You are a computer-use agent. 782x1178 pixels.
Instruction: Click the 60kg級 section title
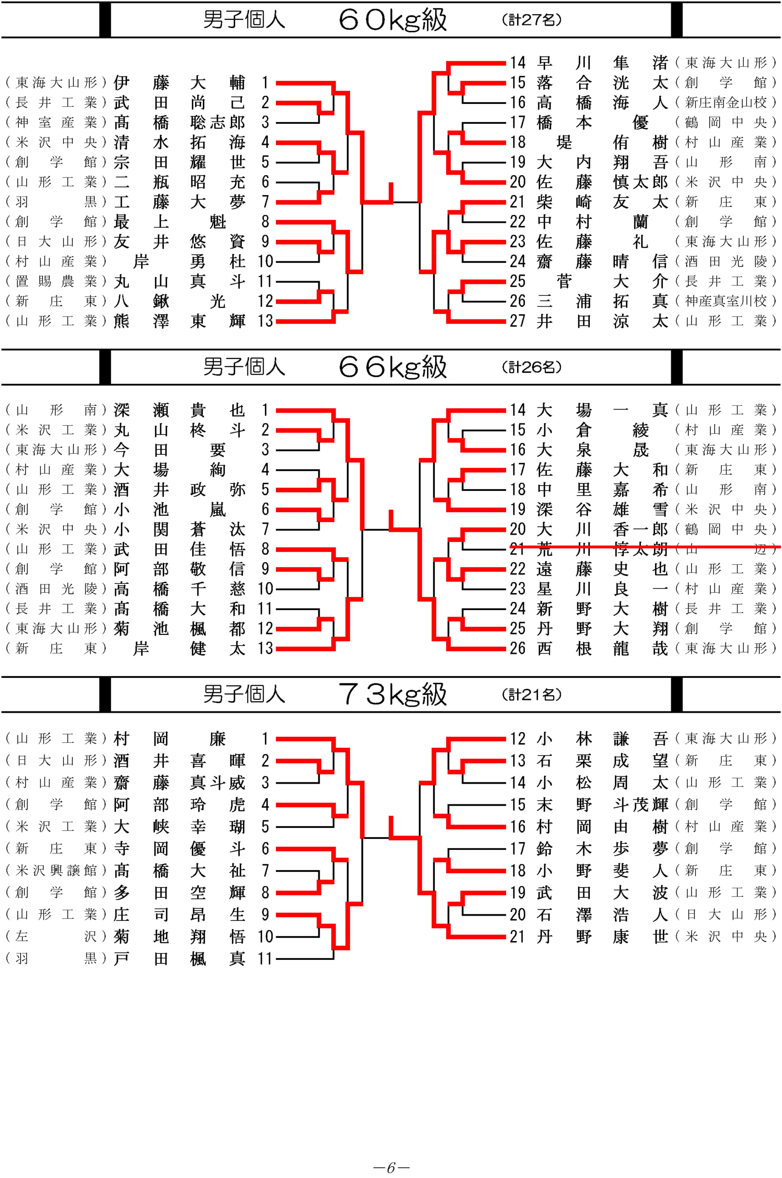(x=392, y=20)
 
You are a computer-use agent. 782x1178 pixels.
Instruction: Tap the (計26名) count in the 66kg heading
(x=532, y=367)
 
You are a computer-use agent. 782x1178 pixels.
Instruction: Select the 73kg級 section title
(x=392, y=694)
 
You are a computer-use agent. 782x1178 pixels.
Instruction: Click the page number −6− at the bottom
(x=391, y=1167)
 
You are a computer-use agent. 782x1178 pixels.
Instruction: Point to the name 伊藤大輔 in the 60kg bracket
(x=179, y=82)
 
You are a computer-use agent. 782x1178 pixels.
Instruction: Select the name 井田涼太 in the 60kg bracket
(x=602, y=321)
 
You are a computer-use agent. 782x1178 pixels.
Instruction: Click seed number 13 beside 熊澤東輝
(x=265, y=321)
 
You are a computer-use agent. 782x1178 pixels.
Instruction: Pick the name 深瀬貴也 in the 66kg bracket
(x=179, y=410)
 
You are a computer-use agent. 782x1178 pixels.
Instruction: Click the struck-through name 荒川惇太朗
(x=602, y=549)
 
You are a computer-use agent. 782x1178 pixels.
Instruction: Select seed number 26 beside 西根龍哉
(x=517, y=648)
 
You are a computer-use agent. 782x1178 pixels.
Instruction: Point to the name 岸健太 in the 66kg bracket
(x=190, y=648)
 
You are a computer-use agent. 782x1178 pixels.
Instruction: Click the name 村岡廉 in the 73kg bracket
(x=179, y=739)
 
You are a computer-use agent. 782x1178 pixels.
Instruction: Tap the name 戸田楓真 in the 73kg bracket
(x=179, y=959)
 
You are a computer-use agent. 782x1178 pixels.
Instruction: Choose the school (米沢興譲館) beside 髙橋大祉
(x=56, y=871)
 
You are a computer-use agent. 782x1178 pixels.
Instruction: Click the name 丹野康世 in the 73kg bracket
(x=602, y=936)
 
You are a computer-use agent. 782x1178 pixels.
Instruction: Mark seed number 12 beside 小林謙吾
(x=517, y=739)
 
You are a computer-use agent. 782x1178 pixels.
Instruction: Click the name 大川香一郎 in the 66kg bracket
(x=602, y=529)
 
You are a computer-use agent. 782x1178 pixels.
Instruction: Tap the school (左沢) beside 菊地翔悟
(x=56, y=936)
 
